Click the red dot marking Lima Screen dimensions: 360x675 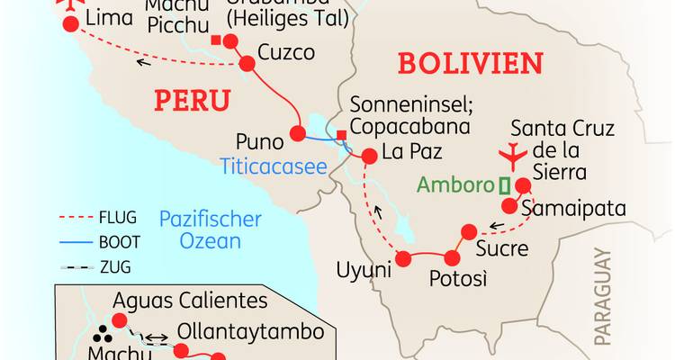coord(70,25)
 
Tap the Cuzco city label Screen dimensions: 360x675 coord(286,53)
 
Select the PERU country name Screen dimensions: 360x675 coord(192,100)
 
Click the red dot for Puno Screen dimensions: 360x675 coord(298,136)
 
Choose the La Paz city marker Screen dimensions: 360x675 coord(367,157)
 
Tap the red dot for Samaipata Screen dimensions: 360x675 coord(509,205)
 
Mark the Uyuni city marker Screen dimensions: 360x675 coord(403,259)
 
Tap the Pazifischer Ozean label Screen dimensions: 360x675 coord(210,229)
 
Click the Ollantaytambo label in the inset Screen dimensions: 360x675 coord(250,331)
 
